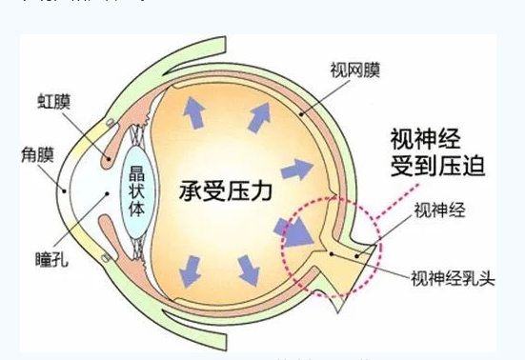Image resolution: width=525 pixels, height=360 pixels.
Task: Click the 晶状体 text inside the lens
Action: [137, 190]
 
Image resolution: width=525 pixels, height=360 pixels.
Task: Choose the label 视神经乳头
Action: [448, 278]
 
